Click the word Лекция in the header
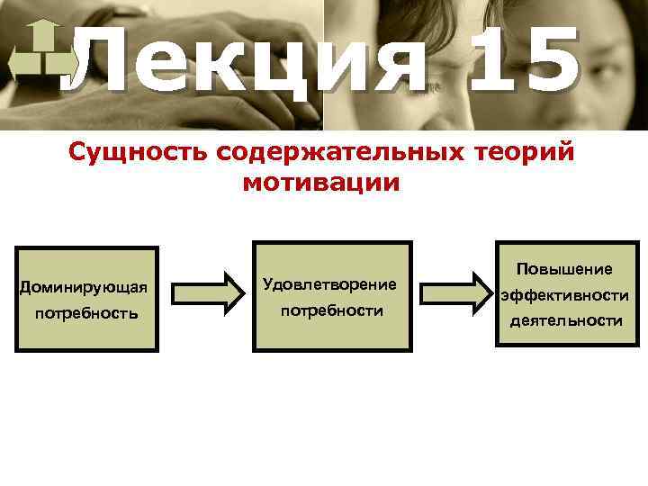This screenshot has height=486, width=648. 243,63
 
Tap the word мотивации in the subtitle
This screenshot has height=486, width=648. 320,184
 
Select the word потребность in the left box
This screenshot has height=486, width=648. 85,314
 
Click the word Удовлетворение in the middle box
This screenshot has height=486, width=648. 329,284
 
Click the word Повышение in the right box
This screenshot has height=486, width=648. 564,269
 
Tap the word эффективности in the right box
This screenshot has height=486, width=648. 564,294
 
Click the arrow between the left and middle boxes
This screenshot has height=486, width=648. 208,292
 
